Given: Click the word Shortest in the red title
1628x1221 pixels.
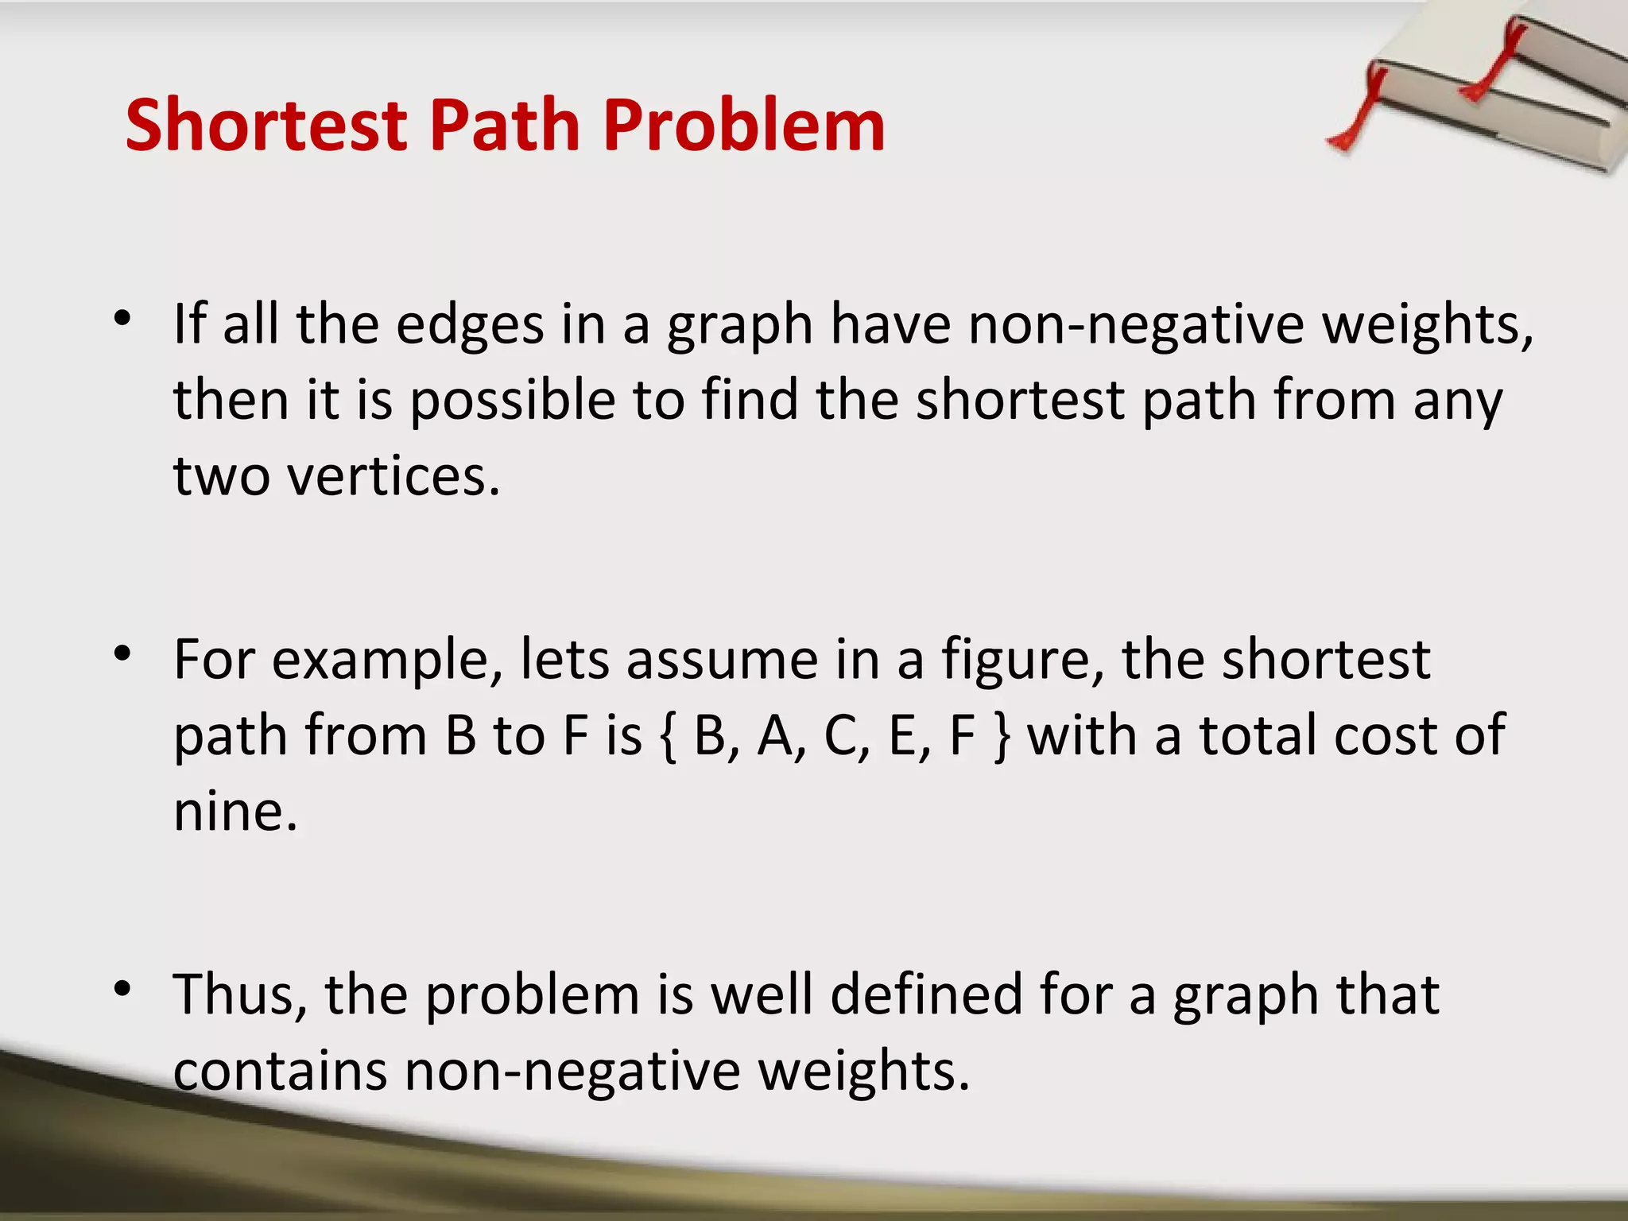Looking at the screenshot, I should click(x=266, y=125).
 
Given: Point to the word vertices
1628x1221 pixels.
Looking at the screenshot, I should click(x=393, y=477).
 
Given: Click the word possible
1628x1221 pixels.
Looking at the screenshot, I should click(x=513, y=401).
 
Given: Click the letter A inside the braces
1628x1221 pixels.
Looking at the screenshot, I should click(x=777, y=736).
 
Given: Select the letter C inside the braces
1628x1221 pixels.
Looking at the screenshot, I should click(x=841, y=736).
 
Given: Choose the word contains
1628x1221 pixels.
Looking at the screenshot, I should click(x=280, y=1072).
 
